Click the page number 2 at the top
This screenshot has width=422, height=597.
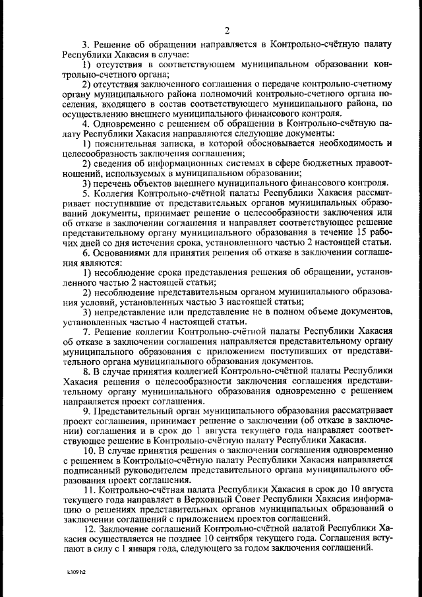coord(226,30)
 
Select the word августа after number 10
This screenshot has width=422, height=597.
coord(376,489)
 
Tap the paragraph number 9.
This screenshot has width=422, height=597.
coord(86,410)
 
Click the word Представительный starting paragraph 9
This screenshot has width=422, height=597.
coord(134,410)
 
